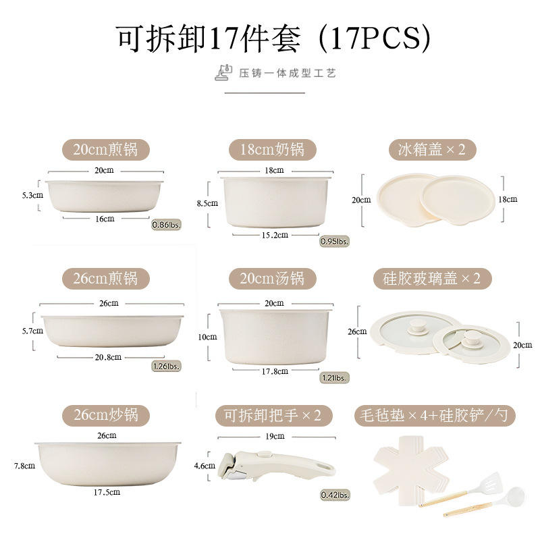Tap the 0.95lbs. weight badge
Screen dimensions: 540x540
pyautogui.click(x=334, y=241)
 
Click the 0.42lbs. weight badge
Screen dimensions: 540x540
pyautogui.click(x=335, y=495)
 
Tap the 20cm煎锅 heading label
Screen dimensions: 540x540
pyautogui.click(x=105, y=149)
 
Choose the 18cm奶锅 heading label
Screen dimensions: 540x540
pyautogui.click(x=273, y=149)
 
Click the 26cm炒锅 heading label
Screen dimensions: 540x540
pyautogui.click(x=105, y=414)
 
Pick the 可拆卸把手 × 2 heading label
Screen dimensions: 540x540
pyautogui.click(x=273, y=414)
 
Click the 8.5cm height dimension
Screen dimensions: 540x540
pyautogui.click(x=208, y=202)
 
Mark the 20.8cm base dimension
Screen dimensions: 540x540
pyautogui.click(x=109, y=356)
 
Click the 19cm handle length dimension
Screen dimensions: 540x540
pyautogui.click(x=274, y=436)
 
